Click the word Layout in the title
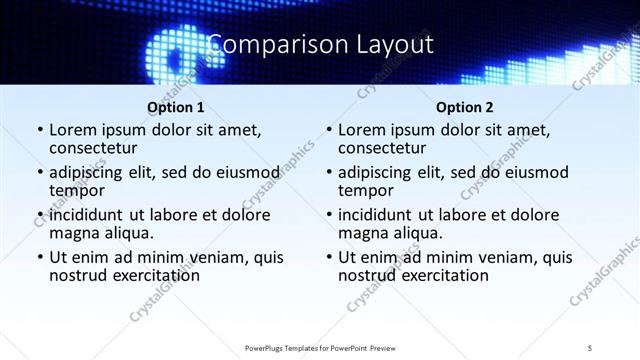point(391,45)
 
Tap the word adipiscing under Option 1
point(92,172)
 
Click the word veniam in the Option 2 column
point(507,256)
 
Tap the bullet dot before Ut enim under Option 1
point(39,257)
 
